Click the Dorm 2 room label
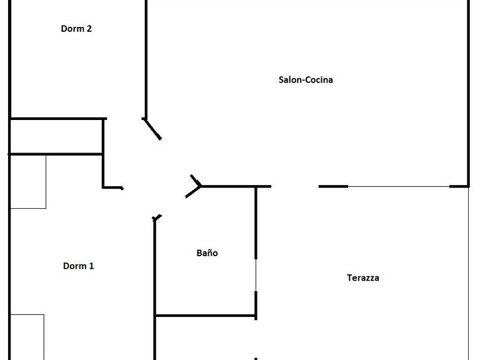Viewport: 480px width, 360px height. [x=76, y=29]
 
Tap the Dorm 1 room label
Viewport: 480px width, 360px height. [x=78, y=266]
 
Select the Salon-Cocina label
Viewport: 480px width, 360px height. [x=306, y=80]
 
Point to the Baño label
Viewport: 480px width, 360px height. [x=207, y=253]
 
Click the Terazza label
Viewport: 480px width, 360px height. [x=363, y=277]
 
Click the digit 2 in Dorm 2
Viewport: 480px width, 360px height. [x=89, y=29]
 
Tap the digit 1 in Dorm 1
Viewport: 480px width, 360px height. [x=91, y=266]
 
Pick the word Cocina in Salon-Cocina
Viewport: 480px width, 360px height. [x=319, y=80]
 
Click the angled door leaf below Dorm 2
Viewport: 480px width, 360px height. [x=152, y=129]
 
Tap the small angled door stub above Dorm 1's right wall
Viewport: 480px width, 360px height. [x=157, y=217]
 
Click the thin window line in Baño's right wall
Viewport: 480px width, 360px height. [x=256, y=275]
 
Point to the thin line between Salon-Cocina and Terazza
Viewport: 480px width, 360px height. [x=399, y=186]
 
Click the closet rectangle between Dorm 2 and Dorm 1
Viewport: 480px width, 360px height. [x=56, y=136]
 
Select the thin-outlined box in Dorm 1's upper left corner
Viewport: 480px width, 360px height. [x=28, y=182]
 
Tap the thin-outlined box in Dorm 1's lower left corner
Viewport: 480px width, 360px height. [x=27, y=337]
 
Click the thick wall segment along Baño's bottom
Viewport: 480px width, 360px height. [x=206, y=315]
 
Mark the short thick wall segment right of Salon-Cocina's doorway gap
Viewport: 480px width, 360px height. [x=333, y=186]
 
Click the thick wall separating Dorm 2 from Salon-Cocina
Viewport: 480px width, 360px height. [x=146, y=59]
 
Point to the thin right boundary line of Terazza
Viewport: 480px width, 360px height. [x=468, y=273]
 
